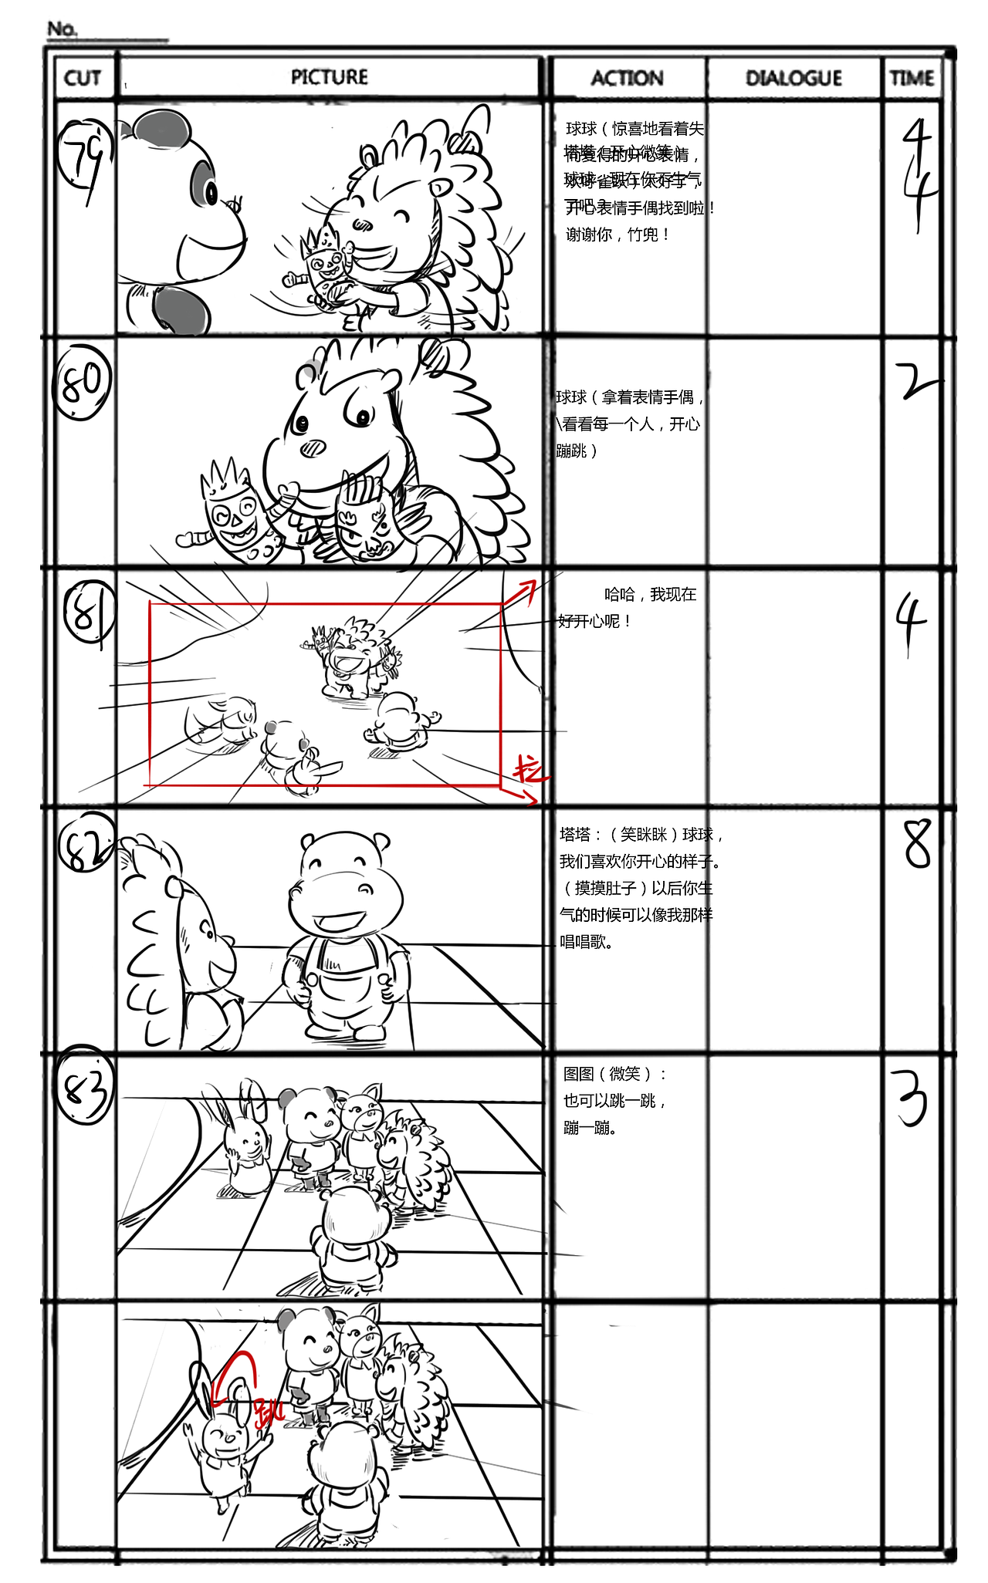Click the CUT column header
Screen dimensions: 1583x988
pyautogui.click(x=83, y=78)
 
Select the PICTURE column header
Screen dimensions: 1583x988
pyautogui.click(x=329, y=77)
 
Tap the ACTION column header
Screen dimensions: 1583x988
pyautogui.click(x=627, y=78)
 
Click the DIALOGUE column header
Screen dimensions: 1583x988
pyautogui.click(x=793, y=78)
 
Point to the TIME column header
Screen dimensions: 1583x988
pyautogui.click(x=912, y=78)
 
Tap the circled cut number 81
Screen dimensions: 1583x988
pyautogui.click(x=89, y=613)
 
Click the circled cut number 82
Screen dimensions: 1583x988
pyautogui.click(x=86, y=843)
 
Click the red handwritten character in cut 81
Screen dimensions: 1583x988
pyautogui.click(x=530, y=768)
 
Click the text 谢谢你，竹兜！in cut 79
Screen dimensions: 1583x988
pyautogui.click(x=617, y=235)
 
